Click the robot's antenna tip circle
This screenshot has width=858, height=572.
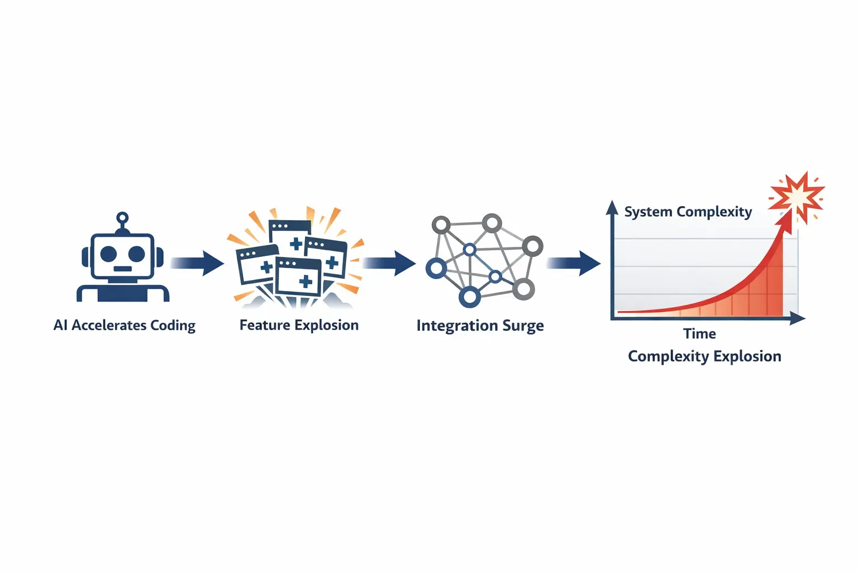pos(122,218)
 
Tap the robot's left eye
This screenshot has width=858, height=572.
pos(108,254)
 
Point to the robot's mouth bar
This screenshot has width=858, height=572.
pos(122,269)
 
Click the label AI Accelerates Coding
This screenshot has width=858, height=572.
pos(124,326)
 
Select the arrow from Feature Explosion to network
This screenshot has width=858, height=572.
pos(389,263)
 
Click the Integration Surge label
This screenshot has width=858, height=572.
pos(480,326)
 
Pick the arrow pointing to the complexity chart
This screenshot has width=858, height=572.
pos(574,263)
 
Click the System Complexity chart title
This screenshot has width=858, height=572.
pos(688,212)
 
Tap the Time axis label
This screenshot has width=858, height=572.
pos(699,334)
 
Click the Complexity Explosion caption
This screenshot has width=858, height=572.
pos(704,356)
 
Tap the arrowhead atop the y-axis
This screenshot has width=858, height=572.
pos(612,208)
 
